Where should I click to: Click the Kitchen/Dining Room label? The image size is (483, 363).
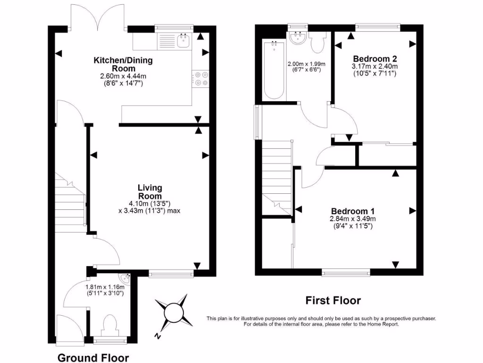click(123, 64)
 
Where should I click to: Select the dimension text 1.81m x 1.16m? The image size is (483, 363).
click(105, 286)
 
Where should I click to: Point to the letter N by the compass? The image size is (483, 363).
click(159, 337)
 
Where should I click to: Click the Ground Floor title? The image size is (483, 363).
click(93, 357)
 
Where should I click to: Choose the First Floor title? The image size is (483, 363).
click(333, 300)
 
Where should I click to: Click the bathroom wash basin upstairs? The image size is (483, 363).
click(298, 38)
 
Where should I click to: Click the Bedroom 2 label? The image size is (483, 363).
click(375, 59)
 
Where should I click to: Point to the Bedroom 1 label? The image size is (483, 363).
click(353, 211)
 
